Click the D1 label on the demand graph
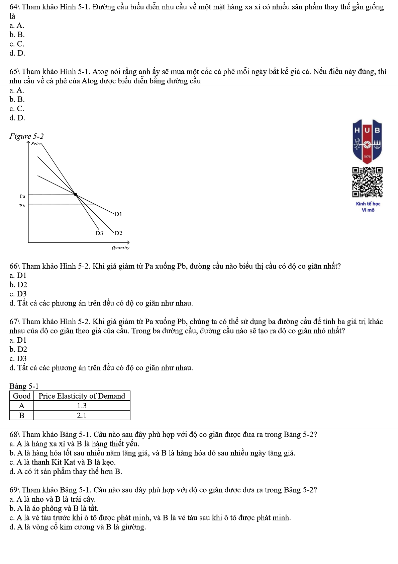118,214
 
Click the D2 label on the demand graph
118,233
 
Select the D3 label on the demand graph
99,233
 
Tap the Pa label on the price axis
22,196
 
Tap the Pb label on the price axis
22,206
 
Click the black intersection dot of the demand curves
75,194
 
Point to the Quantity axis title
120,248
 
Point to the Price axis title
36,144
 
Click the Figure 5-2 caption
26,136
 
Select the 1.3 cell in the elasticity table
82,406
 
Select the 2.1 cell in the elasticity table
82,415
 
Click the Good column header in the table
22,396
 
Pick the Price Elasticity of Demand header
82,396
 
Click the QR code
367,182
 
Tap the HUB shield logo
367,141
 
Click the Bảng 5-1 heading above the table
24,386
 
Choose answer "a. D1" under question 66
18,275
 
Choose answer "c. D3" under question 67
18,358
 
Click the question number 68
14,434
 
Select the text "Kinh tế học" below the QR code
368,204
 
